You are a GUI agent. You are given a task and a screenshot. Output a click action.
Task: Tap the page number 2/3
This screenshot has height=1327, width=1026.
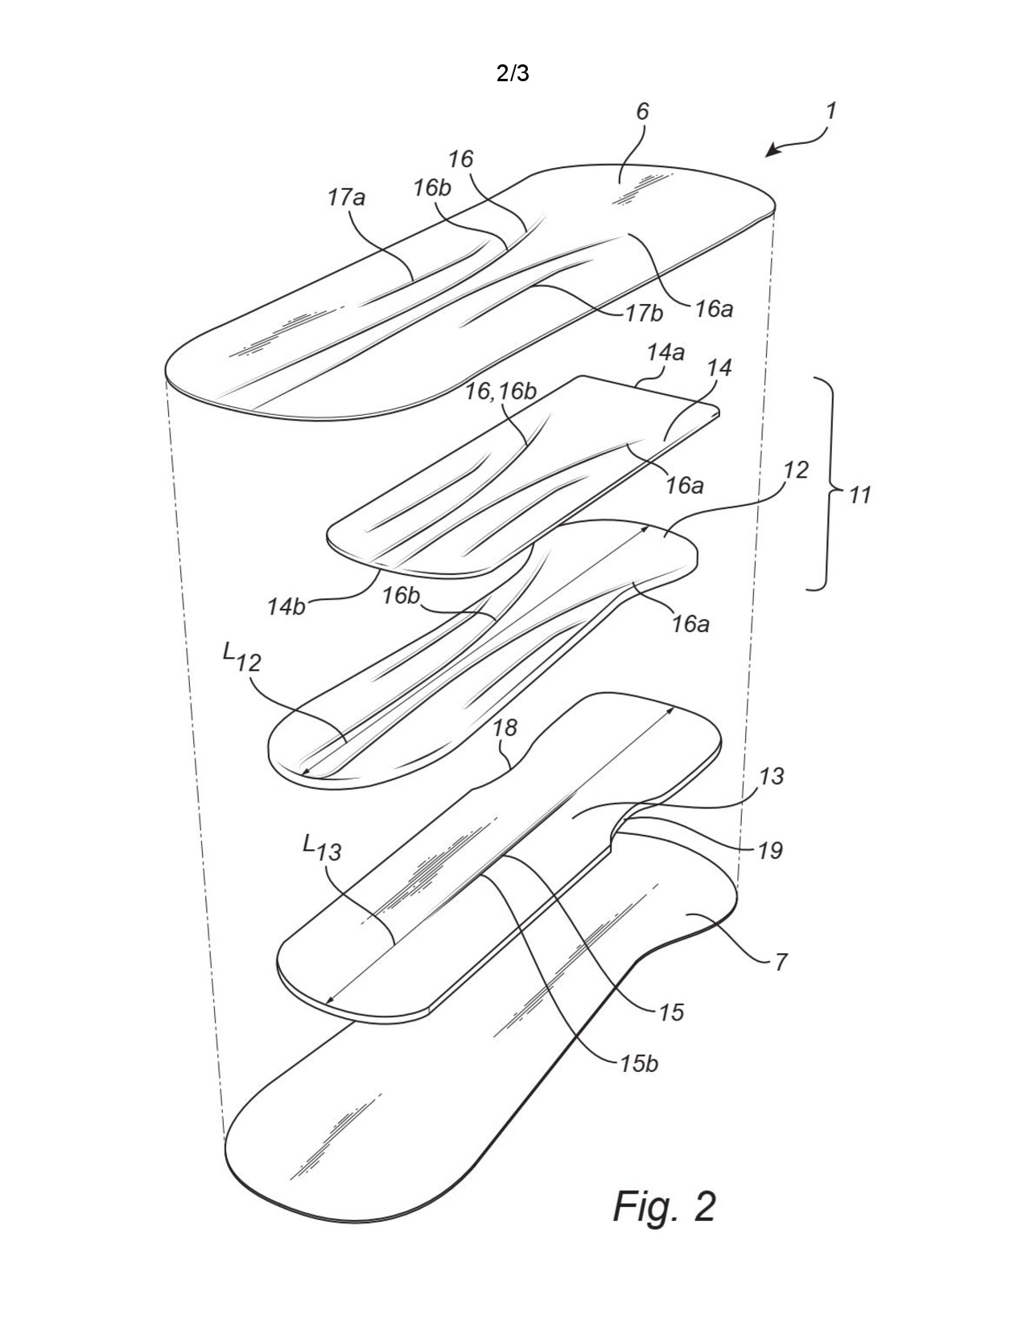(512, 73)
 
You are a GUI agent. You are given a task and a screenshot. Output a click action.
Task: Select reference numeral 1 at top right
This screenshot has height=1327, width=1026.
(830, 111)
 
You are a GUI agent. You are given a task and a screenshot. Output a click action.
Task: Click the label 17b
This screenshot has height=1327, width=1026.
(644, 314)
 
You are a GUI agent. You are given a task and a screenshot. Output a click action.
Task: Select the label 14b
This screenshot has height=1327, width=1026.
(286, 607)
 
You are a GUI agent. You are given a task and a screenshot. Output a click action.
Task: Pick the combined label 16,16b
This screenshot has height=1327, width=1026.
(501, 392)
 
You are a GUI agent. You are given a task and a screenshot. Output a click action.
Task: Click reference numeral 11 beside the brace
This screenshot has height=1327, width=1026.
(859, 495)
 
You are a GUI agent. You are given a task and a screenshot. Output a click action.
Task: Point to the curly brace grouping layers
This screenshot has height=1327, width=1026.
(822, 484)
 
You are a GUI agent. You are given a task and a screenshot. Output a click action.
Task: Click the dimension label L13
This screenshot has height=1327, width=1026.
(322, 848)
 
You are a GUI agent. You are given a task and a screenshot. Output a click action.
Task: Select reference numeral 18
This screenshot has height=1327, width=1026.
(505, 727)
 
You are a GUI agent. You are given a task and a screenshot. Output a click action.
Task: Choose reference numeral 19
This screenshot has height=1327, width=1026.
(770, 849)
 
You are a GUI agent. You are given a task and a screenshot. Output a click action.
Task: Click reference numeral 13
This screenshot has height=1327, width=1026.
(771, 776)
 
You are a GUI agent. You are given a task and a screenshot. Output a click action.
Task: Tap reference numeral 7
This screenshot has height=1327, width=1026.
(781, 963)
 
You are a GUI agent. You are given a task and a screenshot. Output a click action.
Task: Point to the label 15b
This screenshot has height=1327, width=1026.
(639, 1064)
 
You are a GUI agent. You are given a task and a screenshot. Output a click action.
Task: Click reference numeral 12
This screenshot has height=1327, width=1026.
(796, 470)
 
